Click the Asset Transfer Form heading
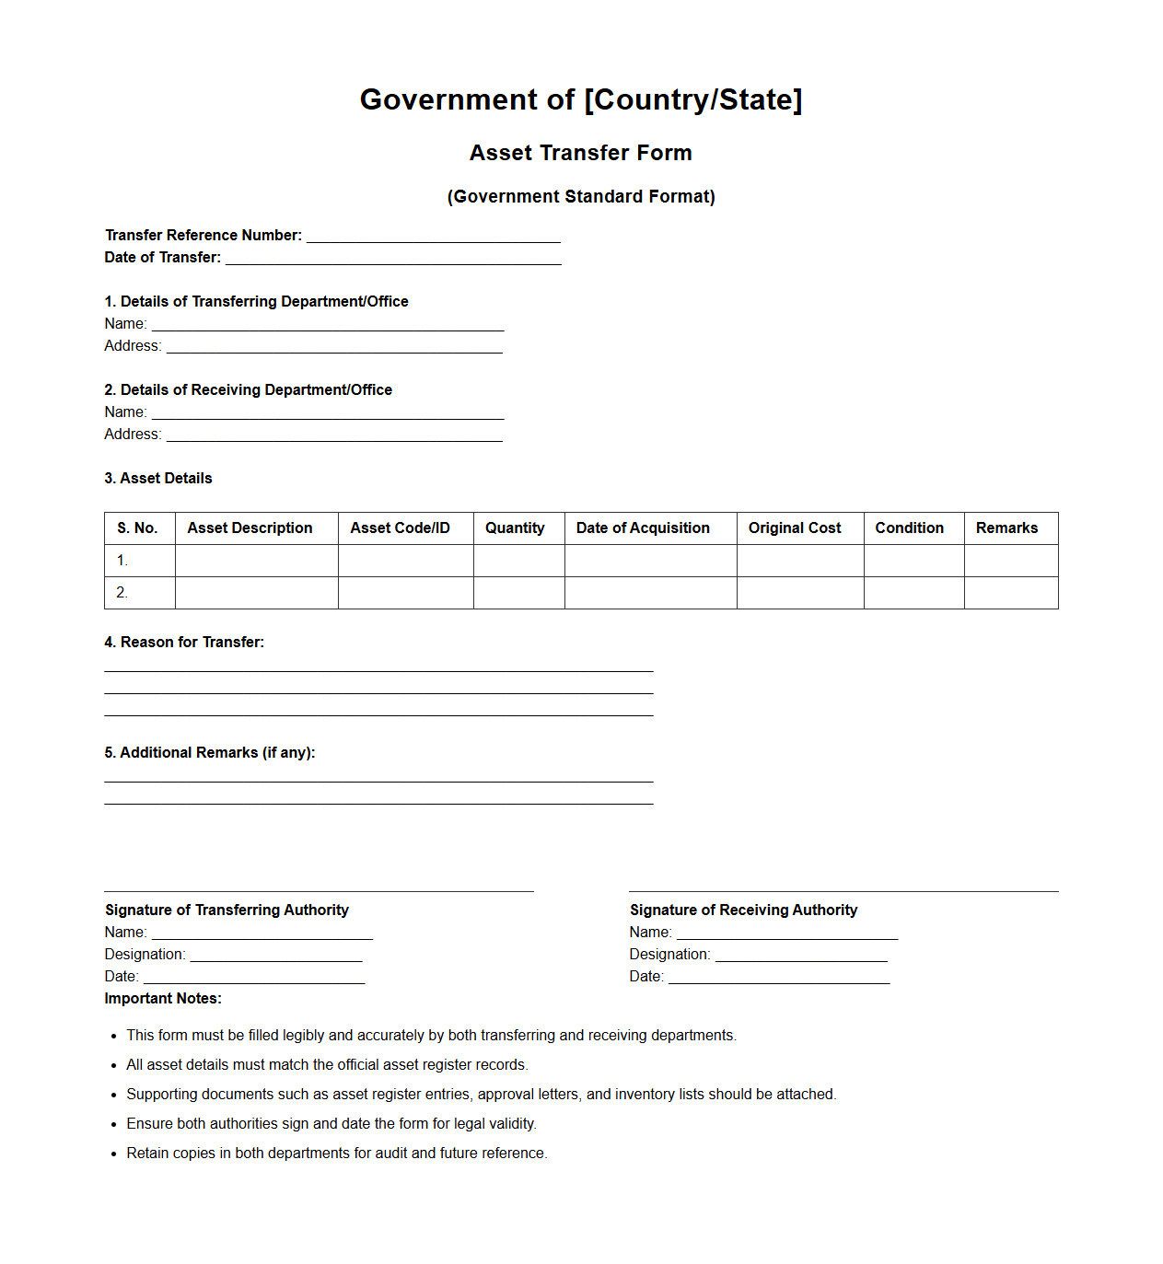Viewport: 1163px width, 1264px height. click(x=580, y=153)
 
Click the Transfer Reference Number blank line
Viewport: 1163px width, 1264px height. click(x=433, y=237)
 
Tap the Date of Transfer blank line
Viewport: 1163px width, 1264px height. click(x=393, y=259)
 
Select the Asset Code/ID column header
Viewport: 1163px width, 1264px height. click(x=400, y=528)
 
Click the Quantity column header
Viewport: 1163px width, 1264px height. click(x=515, y=528)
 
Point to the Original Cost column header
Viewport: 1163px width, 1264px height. click(x=795, y=528)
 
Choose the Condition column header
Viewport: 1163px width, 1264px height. click(x=909, y=528)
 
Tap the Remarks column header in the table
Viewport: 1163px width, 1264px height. click(x=1006, y=528)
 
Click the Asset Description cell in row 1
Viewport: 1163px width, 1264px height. click(x=256, y=561)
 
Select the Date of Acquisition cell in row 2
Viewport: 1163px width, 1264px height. click(x=650, y=593)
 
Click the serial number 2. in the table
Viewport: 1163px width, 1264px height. click(x=122, y=593)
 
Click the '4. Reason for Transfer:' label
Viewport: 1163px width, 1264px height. click(x=184, y=643)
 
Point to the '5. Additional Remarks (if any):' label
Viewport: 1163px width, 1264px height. click(x=210, y=753)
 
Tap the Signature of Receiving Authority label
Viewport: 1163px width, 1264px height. click(x=743, y=910)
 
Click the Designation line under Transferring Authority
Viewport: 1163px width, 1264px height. click(x=276, y=956)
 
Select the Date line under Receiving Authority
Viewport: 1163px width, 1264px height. click(x=779, y=978)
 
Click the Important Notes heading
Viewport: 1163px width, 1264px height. click(x=163, y=999)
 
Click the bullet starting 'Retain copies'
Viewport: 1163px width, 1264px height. click(x=336, y=1154)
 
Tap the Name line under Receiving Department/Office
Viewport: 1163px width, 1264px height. click(x=328, y=413)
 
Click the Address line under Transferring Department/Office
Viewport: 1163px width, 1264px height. click(x=334, y=347)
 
